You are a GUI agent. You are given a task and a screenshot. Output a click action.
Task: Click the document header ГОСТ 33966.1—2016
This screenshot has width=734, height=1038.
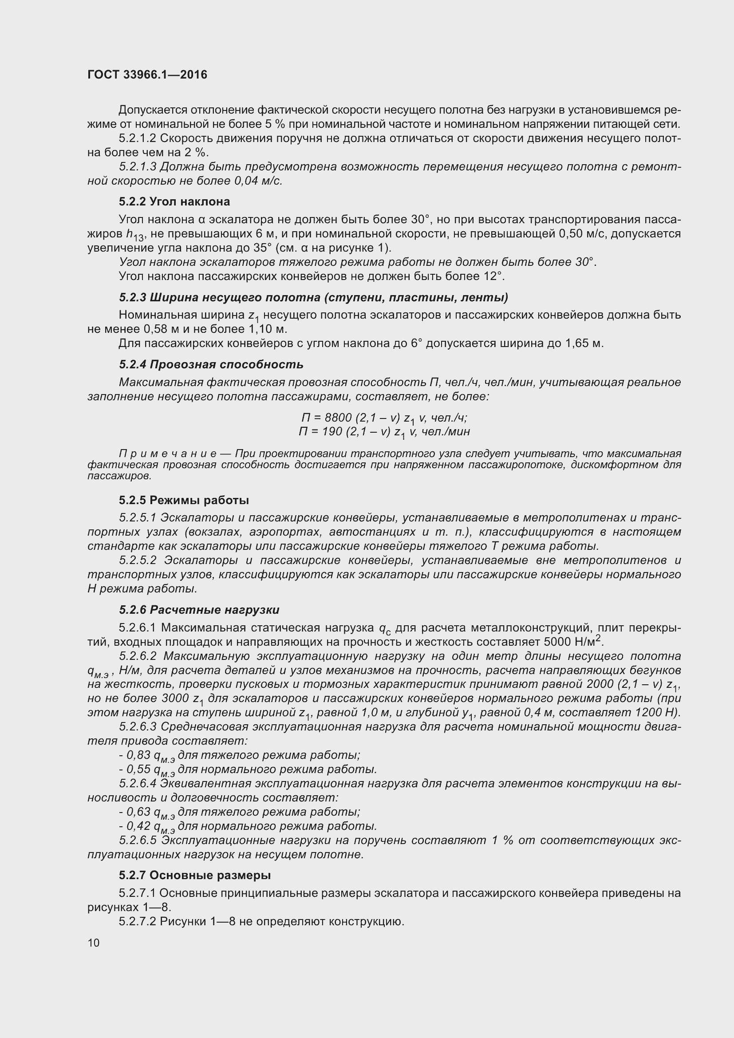pyautogui.click(x=147, y=75)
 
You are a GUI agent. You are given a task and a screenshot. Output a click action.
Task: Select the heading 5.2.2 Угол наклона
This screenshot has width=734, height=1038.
pyautogui.click(x=174, y=201)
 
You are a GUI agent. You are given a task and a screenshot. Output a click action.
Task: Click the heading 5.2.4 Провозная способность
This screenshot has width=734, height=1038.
pyautogui.click(x=211, y=364)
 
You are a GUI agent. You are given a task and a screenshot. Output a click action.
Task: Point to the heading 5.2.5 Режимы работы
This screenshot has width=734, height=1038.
pyautogui.click(x=184, y=501)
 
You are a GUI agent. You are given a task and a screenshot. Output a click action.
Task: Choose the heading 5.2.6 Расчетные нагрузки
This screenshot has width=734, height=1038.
pyautogui.click(x=199, y=610)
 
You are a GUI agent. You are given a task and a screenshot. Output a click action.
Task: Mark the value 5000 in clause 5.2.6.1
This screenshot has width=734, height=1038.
pyautogui.click(x=558, y=643)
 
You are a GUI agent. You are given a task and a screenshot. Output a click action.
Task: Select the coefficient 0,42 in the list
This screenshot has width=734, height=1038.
pyautogui.click(x=138, y=826)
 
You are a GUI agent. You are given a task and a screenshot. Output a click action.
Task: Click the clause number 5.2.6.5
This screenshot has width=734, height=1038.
pyautogui.click(x=138, y=841)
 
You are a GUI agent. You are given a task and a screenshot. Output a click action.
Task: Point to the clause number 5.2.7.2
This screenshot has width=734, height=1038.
pyautogui.click(x=138, y=921)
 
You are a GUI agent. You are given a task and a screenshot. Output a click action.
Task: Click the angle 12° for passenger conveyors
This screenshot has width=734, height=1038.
pyautogui.click(x=493, y=276)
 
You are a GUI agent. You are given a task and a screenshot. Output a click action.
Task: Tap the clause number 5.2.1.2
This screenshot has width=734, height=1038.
pyautogui.click(x=138, y=138)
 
